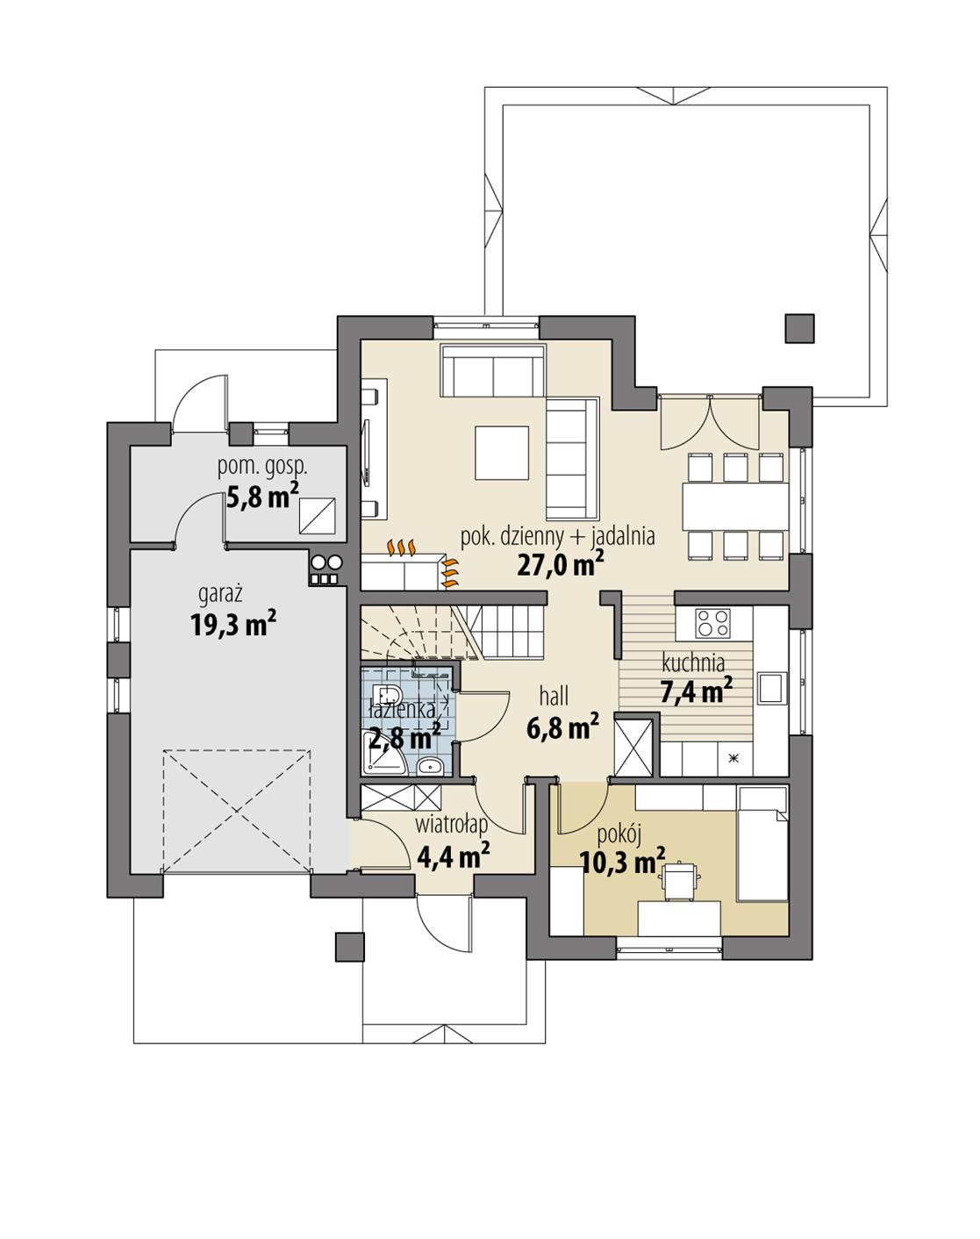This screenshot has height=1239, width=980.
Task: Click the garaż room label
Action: [x=221, y=595]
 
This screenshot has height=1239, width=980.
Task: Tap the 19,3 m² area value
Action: [x=233, y=625]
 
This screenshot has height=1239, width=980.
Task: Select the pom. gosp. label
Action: [x=262, y=467]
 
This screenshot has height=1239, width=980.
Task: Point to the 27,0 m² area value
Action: [x=559, y=564]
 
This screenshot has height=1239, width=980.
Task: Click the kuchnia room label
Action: [x=693, y=662]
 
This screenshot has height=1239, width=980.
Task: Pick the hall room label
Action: [x=554, y=697]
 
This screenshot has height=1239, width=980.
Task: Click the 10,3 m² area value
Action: [x=622, y=861]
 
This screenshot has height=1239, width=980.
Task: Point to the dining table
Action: [x=735, y=506]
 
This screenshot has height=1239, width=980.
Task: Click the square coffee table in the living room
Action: [x=502, y=453]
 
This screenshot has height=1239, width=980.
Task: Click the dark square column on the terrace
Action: [x=799, y=328]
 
